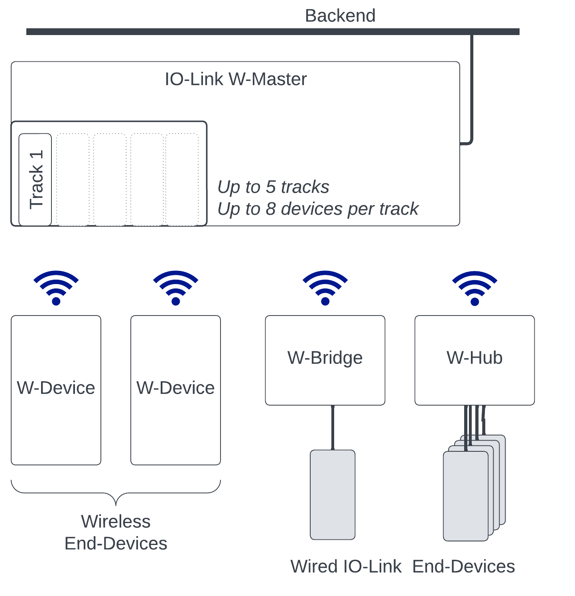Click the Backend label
(x=340, y=16)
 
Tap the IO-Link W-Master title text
(x=236, y=79)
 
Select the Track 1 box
(x=35, y=179)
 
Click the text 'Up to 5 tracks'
(x=273, y=187)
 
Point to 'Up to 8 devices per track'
(x=318, y=209)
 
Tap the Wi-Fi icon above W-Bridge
(x=325, y=288)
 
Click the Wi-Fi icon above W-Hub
(x=475, y=288)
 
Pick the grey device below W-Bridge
(x=333, y=495)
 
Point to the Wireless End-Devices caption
(x=116, y=532)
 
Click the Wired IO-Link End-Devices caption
(x=403, y=567)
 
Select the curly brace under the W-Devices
(x=116, y=493)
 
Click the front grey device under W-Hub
(x=465, y=496)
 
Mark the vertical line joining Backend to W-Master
(x=472, y=88)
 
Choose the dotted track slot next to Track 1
(x=73, y=179)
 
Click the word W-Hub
(x=475, y=358)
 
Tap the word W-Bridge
(x=325, y=358)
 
